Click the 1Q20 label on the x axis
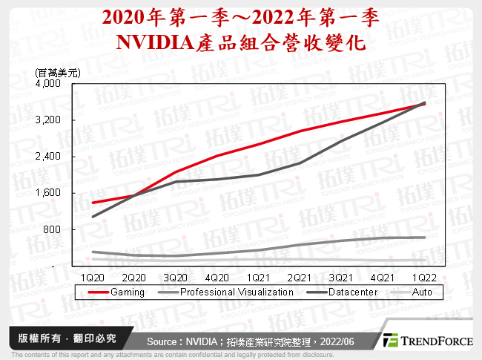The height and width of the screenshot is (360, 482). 93,276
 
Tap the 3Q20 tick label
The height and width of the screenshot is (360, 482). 175,276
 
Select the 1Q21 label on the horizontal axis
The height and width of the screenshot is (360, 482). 257,276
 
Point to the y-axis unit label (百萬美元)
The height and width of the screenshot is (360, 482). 57,72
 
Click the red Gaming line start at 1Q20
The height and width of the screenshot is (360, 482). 93,203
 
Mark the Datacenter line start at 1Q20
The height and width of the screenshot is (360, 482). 93,217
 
